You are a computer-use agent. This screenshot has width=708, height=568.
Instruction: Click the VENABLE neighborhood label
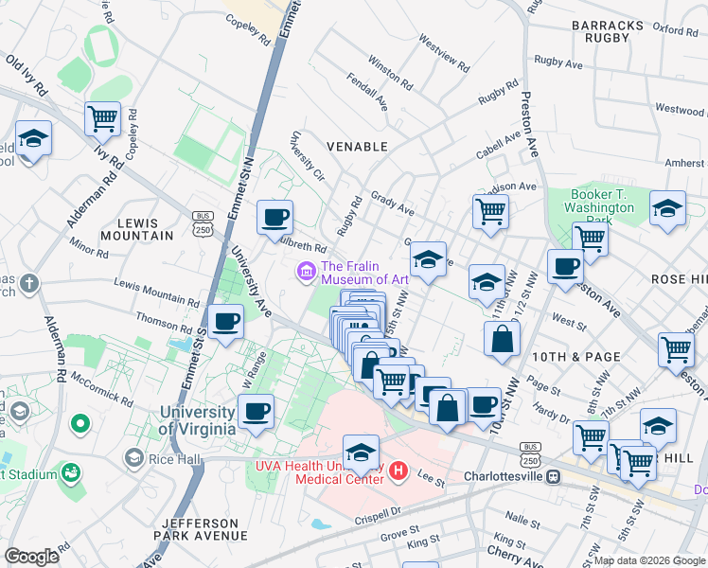click(x=357, y=147)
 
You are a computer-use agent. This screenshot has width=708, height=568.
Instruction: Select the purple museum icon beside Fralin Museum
click(x=306, y=273)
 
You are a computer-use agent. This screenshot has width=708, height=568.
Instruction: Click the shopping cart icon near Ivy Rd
click(x=102, y=119)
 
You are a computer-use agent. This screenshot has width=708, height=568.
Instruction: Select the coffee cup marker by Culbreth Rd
click(x=274, y=218)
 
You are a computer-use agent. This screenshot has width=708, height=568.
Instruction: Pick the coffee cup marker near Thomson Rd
click(x=225, y=323)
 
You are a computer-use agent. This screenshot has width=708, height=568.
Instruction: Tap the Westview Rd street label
click(x=443, y=55)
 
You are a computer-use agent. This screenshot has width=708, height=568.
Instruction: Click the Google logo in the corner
click(x=31, y=557)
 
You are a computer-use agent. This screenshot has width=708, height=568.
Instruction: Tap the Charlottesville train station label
click(x=508, y=476)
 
